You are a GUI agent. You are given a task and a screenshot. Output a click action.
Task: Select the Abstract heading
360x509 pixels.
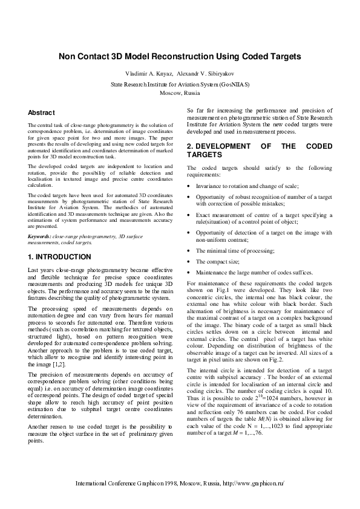(42, 113)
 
